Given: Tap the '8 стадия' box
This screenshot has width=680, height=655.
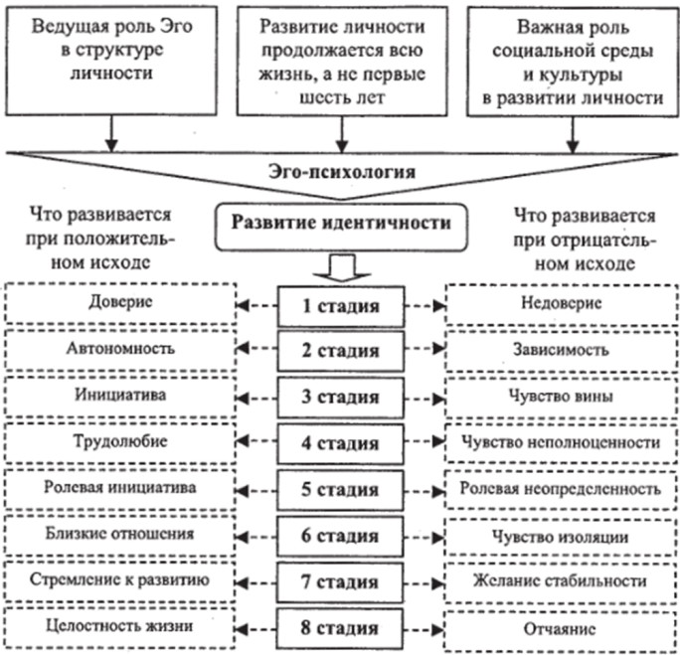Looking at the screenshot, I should coord(341,628).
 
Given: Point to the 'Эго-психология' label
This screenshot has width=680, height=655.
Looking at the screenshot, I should coord(341,171).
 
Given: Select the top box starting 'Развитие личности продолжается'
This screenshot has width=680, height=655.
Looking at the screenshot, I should coord(341,59).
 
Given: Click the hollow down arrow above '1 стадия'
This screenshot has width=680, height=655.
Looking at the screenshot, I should coord(341,263).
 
